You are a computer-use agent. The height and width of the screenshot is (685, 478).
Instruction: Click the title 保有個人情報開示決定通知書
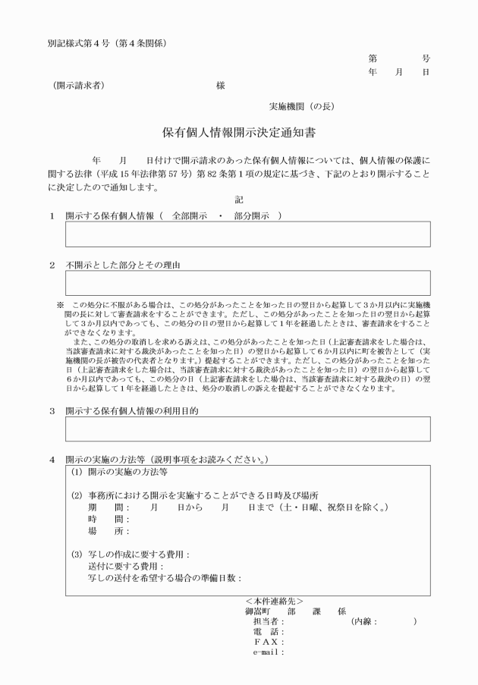click(239, 132)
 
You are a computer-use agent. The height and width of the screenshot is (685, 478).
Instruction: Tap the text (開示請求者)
click(79, 86)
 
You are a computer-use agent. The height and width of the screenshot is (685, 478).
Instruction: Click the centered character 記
click(239, 200)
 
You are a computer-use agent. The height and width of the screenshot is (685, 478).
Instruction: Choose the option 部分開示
click(253, 216)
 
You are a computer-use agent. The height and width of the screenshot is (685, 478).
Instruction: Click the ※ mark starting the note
click(61, 305)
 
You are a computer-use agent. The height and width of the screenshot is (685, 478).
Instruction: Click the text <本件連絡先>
click(275, 601)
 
